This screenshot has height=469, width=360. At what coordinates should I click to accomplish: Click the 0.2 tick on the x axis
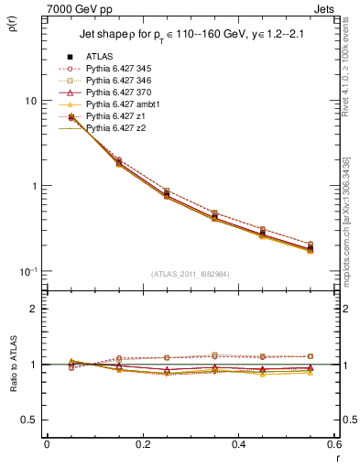pyautogui.click(x=142, y=444)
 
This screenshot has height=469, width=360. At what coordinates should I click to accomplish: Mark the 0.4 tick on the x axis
pyautogui.click(x=239, y=444)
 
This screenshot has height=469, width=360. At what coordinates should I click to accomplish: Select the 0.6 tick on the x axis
pyautogui.click(x=335, y=444)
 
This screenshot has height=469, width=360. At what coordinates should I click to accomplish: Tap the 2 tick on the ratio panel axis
pyautogui.click(x=34, y=309)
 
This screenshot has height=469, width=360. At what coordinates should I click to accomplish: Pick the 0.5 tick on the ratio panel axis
pyautogui.click(x=30, y=420)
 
